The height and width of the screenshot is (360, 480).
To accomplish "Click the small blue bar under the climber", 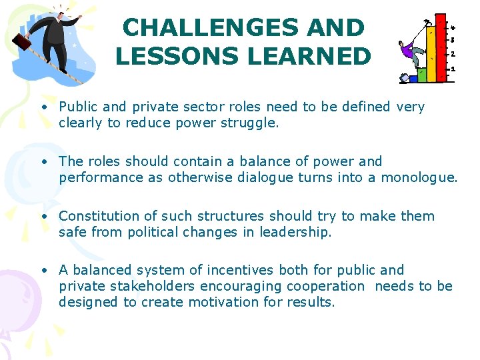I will coord(413,78).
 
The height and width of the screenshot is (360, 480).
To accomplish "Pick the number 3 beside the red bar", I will coord(453,40).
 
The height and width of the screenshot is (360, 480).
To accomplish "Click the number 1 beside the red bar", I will coord(453,69).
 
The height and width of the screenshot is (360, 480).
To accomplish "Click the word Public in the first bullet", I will coord(79,107).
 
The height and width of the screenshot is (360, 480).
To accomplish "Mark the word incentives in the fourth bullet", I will coord(239,270).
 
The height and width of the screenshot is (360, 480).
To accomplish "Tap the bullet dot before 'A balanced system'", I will coord(43,271).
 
